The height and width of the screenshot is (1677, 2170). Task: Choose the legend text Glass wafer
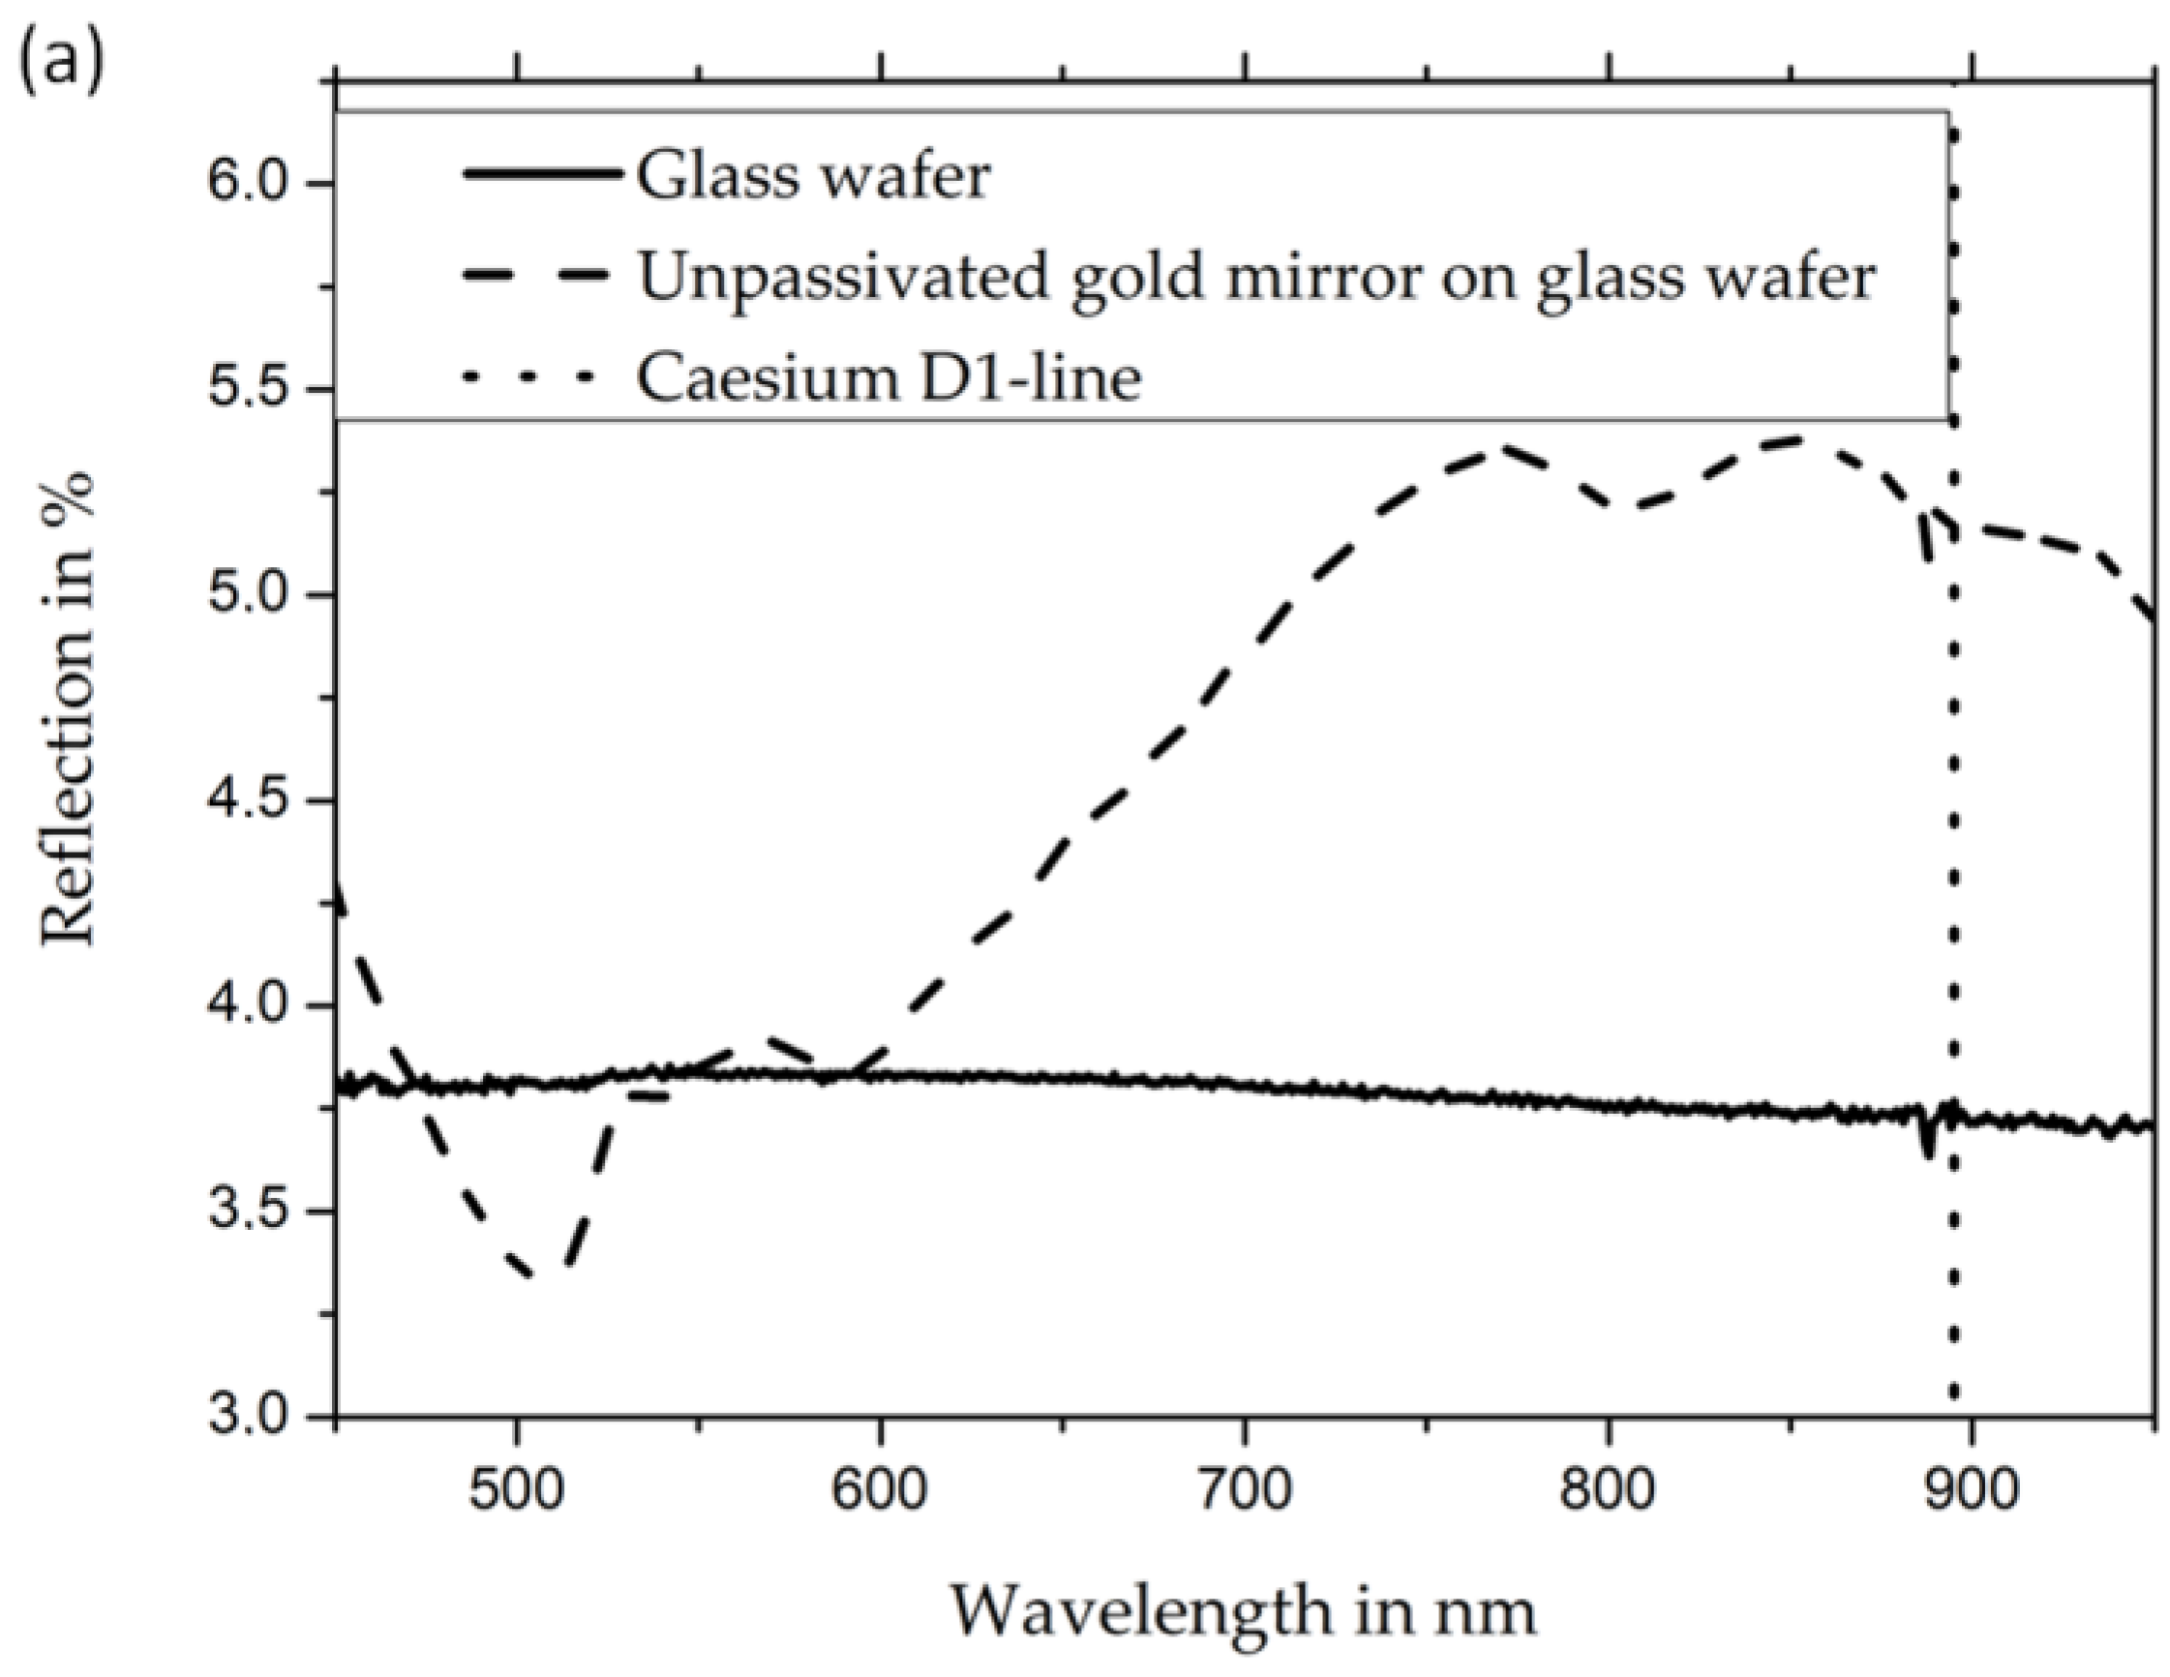click(x=813, y=177)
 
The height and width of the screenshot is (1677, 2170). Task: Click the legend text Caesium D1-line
click(x=889, y=378)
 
